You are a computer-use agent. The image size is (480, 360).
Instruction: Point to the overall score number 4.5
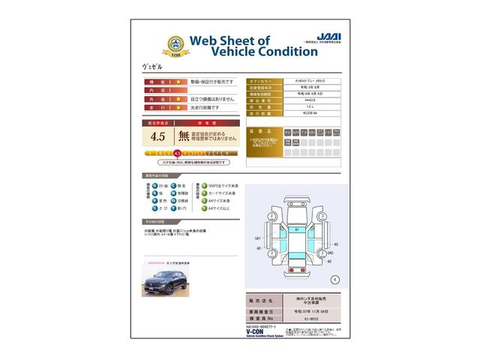(x=158, y=136)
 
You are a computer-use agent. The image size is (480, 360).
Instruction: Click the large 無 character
(x=184, y=136)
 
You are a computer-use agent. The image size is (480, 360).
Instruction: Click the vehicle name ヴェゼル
(x=152, y=66)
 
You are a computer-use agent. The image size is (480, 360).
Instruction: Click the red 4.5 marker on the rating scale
(x=177, y=153)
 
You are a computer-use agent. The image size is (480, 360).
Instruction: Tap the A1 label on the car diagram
(x=297, y=229)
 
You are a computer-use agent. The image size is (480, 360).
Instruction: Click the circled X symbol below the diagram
(x=334, y=279)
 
